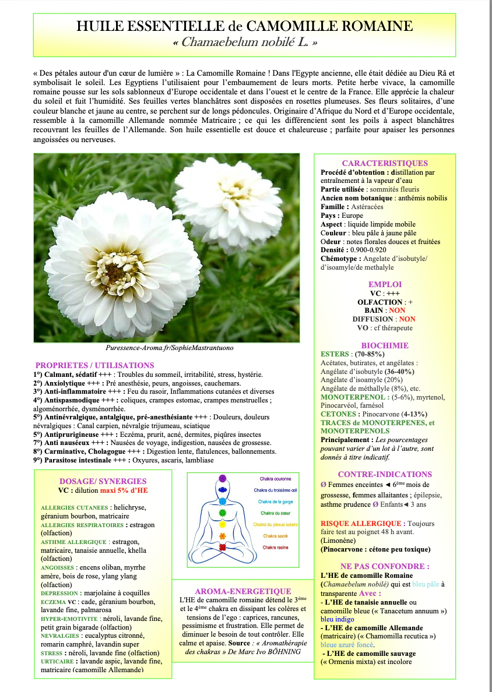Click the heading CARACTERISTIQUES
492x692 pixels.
[385, 164]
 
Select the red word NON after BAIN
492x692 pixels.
[397, 310]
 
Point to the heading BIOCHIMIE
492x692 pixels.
[385, 345]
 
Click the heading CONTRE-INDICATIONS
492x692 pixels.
[385, 475]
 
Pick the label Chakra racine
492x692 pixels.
[275, 548]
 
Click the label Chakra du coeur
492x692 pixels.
[275, 513]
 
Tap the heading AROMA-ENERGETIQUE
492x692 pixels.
[243, 591]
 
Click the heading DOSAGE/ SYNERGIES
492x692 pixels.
[103, 481]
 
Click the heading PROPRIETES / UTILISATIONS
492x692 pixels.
[86, 365]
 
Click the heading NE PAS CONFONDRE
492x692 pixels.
[385, 566]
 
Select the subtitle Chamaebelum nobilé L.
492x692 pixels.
[245, 43]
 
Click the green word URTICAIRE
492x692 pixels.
[61, 661]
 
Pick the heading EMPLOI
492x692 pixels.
[385, 284]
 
